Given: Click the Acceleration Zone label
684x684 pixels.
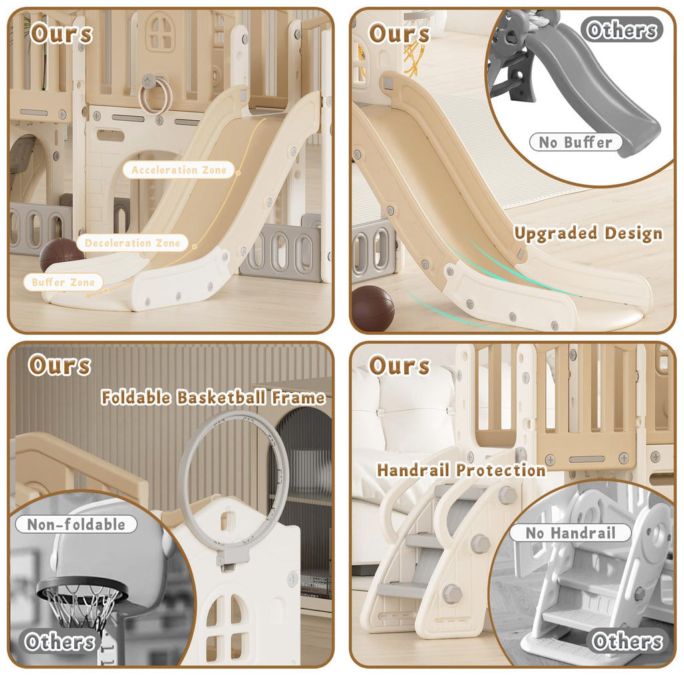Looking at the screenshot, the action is click(178, 170).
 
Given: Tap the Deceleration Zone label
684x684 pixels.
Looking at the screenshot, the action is click(132, 243).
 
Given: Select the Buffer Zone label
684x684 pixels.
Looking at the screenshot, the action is click(63, 283).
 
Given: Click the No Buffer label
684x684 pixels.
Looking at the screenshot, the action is click(575, 142).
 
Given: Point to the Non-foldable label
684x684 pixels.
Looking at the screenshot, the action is click(76, 524).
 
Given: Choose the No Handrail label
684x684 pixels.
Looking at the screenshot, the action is click(570, 532).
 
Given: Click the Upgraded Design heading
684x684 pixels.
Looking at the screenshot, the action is click(588, 233).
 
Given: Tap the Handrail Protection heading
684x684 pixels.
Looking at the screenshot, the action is click(462, 470).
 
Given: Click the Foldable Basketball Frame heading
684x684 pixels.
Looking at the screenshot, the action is click(213, 397).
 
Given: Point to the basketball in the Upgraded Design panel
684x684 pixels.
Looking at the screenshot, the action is click(373, 309).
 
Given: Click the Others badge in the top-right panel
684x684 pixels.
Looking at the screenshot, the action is click(622, 30).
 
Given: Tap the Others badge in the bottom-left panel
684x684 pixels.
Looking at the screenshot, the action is click(59, 642).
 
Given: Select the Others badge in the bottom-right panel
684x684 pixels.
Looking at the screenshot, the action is click(627, 641).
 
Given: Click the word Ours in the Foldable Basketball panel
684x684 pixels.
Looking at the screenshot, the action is click(59, 365).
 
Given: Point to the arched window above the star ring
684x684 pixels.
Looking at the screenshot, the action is click(160, 30).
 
